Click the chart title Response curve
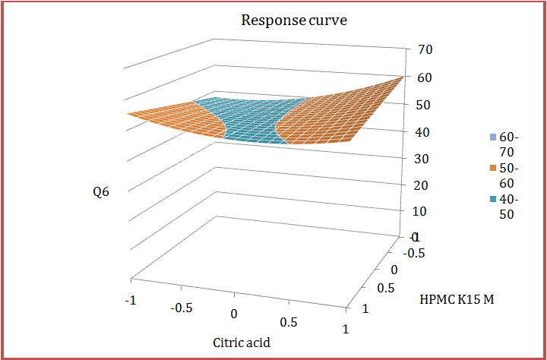coord(293,20)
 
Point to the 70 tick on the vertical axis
coord(425,50)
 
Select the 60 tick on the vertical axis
coord(425,77)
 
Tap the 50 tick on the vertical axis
coord(425,105)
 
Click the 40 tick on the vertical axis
coord(425,132)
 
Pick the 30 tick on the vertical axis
coord(425,159)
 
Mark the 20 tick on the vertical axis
coord(425,185)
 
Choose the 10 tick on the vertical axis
coord(425,212)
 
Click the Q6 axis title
coord(101,192)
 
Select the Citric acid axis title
coord(241,342)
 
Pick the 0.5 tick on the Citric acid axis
coord(289,321)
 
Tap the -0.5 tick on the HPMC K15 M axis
coord(415,253)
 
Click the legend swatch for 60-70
coord(493,137)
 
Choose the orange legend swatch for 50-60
coord(493,169)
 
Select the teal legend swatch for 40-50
coord(493,199)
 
